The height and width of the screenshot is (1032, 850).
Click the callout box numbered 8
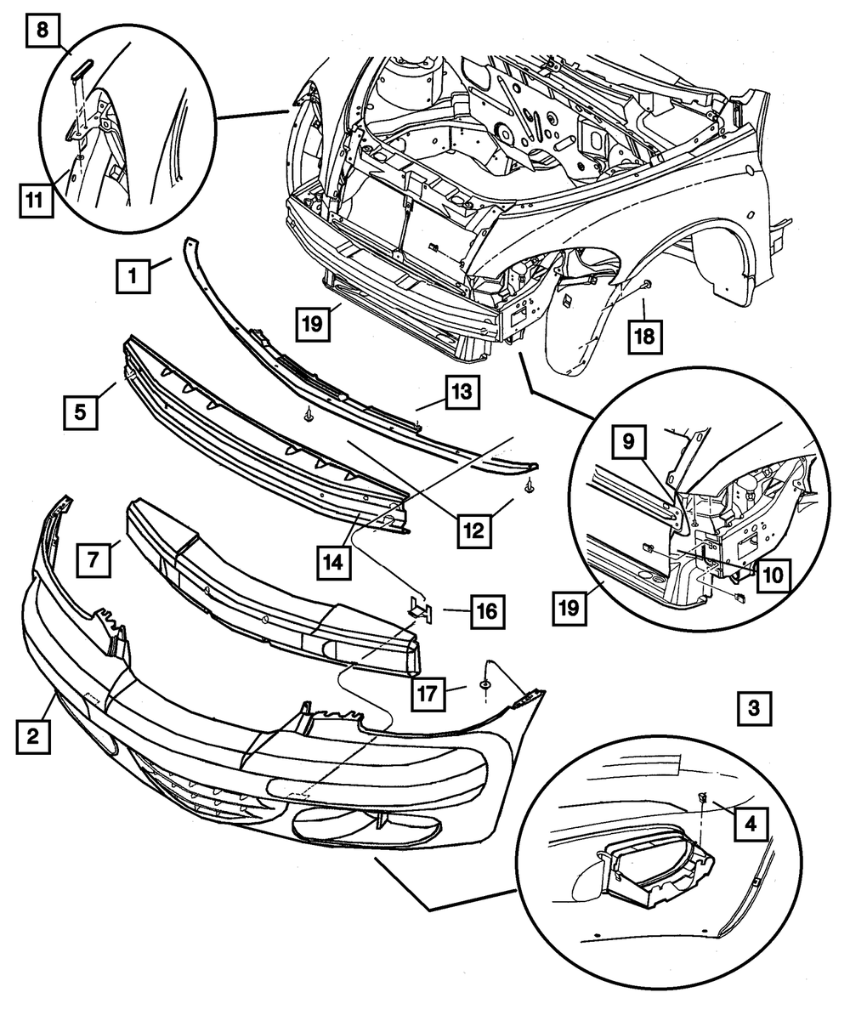click(x=42, y=33)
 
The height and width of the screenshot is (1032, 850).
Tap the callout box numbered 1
click(x=133, y=275)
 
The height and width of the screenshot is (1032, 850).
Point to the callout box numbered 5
click(x=79, y=411)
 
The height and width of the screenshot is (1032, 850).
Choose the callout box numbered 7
click(x=93, y=560)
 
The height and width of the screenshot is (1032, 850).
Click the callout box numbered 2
click(x=32, y=737)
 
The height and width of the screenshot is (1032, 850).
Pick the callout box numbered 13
click(x=461, y=393)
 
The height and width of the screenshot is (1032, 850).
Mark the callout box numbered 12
click(x=473, y=531)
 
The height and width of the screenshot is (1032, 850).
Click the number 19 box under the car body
click(x=314, y=324)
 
